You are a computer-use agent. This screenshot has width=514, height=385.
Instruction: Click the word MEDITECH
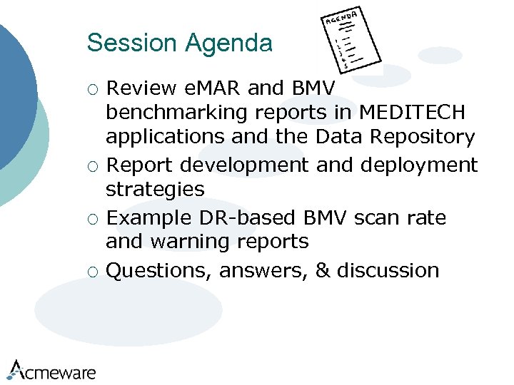pos(413,113)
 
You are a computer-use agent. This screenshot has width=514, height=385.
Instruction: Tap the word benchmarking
pos(178,113)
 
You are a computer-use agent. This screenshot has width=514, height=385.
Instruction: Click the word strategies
pos(155,189)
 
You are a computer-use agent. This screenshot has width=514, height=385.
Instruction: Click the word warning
pos(191,242)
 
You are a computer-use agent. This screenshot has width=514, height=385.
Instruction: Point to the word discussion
pos(388,271)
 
